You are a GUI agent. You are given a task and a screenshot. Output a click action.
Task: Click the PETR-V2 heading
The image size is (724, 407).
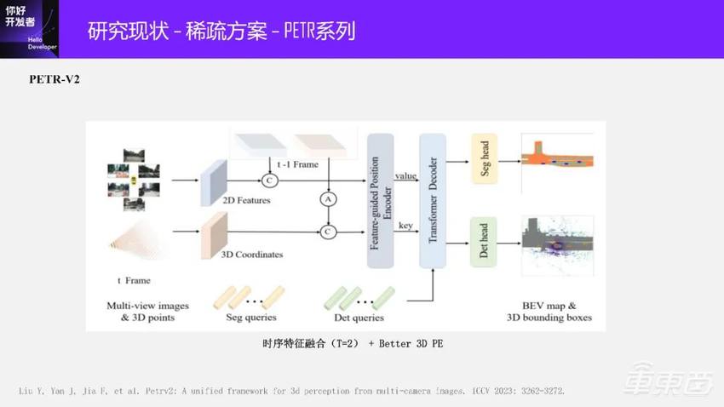55,79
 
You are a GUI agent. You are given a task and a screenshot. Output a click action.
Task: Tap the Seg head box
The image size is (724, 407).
483,159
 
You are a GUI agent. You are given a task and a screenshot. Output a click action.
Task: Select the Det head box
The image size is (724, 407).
483,243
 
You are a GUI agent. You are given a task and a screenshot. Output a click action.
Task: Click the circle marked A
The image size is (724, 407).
326,198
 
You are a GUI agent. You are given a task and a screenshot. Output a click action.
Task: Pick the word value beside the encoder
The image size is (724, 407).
405,175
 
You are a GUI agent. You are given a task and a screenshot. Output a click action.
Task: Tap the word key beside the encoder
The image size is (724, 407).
405,226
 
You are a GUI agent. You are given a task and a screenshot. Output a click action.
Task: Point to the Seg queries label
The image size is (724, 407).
251,318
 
